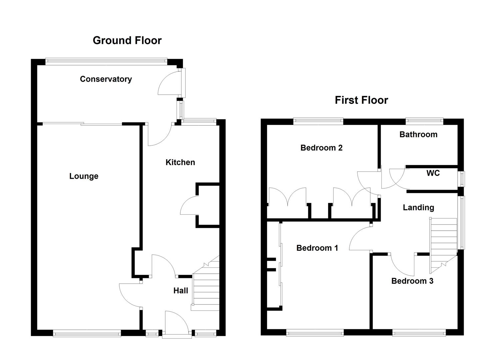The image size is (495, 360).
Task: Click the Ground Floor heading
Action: coord(127,40)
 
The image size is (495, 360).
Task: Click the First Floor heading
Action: coord(361,100)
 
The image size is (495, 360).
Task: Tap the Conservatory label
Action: coord(106,79)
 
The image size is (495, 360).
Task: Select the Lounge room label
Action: coord(84,176)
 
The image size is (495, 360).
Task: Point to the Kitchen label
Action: coord(180,162)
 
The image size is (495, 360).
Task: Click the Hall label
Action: coord(181,291)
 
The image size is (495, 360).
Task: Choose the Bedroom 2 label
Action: coord(321,148)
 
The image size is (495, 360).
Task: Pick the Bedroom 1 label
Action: coord(317,248)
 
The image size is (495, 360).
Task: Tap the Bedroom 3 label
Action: coord(412,281)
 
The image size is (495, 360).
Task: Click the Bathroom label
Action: coord(418,134)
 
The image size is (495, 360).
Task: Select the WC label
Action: coord(433,173)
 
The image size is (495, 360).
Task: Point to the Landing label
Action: coord(418,208)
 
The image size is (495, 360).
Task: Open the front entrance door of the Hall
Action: coord(177,322)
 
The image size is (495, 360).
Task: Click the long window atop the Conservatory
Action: coord(106,61)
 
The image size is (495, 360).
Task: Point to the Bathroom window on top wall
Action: coord(424,121)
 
